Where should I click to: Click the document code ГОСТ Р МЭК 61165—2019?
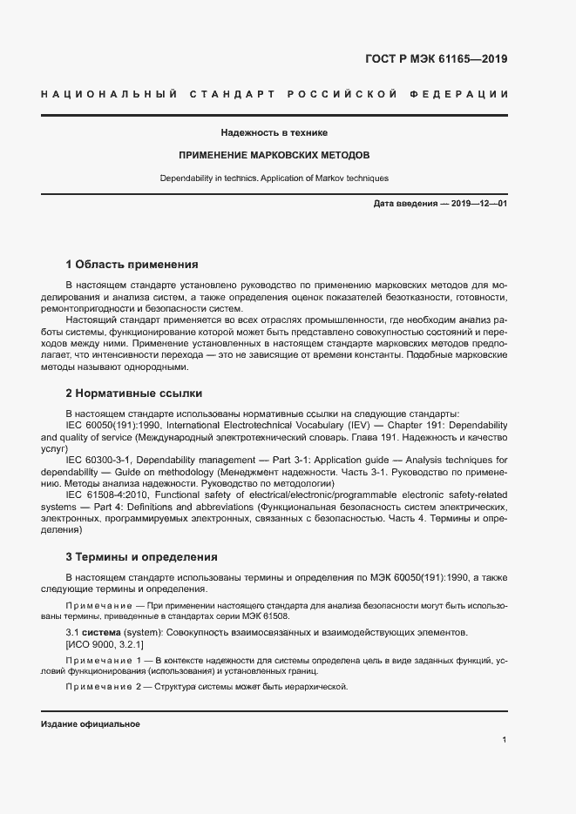click(x=436, y=60)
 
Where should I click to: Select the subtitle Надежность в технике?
click(x=274, y=133)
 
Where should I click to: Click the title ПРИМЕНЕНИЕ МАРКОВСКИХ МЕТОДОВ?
click(x=274, y=156)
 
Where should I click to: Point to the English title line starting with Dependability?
click(x=274, y=178)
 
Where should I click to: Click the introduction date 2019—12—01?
click(x=478, y=204)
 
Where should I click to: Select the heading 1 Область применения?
click(x=132, y=264)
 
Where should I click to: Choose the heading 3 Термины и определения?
click(x=142, y=556)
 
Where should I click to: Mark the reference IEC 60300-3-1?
click(x=102, y=460)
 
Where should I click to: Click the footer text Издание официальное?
click(x=90, y=724)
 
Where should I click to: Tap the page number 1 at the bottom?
click(x=505, y=739)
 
